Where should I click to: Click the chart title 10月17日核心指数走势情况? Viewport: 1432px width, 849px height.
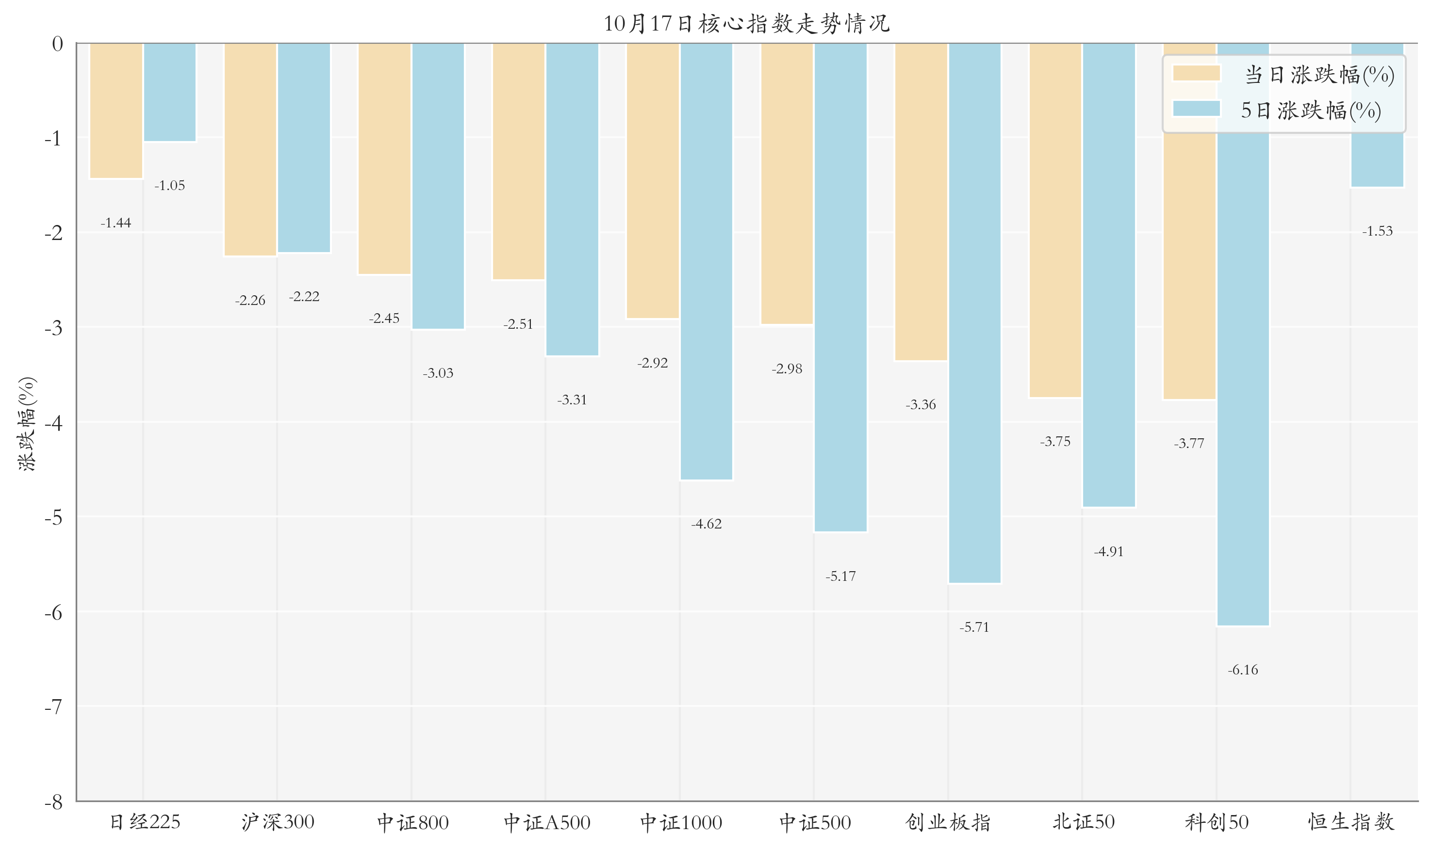pos(746,23)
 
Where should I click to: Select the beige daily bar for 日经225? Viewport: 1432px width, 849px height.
pos(116,111)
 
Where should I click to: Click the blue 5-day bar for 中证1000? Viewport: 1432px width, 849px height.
pos(706,261)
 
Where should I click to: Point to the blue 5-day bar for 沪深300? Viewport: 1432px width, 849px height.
pos(304,147)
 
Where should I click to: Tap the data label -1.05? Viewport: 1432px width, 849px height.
pos(169,185)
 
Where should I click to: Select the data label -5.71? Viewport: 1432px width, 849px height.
pos(974,627)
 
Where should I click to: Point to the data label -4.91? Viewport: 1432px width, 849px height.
pos(1108,551)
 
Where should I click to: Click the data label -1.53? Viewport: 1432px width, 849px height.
pos(1377,231)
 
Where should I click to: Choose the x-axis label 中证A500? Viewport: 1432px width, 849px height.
pos(547,822)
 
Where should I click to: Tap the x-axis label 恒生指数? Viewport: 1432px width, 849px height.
pos(1350,822)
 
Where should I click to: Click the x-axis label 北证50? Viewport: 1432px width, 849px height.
pos(1083,822)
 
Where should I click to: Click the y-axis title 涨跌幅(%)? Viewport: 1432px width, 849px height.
pos(27,423)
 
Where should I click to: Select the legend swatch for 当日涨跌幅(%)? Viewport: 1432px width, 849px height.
pos(1196,73)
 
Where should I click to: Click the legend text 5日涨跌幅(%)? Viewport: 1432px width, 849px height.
pos(1311,110)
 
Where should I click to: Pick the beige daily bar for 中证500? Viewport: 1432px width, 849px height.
pos(787,184)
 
